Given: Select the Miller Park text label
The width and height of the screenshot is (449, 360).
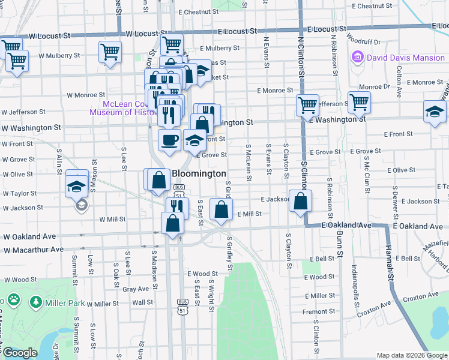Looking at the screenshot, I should [67, 303].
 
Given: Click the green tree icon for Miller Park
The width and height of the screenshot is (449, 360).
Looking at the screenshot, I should [37, 302].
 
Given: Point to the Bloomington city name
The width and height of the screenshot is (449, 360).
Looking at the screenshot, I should [199, 174].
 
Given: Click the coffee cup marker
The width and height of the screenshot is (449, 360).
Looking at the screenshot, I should [169, 140].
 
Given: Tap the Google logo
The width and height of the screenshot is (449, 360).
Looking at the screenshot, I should [20, 353].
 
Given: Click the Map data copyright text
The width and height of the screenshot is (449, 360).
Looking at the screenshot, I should [412, 355].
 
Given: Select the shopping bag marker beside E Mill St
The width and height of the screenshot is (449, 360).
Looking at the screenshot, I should [221, 210].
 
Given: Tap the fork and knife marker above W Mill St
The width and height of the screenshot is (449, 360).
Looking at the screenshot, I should [176, 207].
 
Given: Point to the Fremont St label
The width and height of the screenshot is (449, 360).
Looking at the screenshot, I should [319, 311].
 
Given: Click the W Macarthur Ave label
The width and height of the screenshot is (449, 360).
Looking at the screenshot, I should [33, 250].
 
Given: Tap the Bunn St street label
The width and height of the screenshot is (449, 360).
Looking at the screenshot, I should [339, 247].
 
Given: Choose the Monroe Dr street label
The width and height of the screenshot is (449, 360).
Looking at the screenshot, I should [375, 86].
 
